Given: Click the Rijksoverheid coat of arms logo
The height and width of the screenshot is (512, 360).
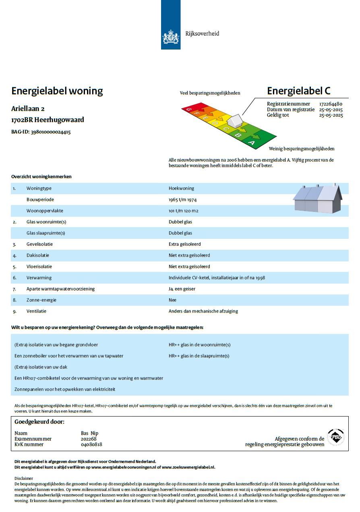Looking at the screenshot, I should click(170, 37).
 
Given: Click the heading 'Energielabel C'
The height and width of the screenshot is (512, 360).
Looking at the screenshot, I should click(298, 91).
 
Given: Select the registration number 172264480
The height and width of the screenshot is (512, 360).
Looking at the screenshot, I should click(331, 104).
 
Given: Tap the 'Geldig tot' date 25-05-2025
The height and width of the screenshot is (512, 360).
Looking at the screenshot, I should click(331, 115).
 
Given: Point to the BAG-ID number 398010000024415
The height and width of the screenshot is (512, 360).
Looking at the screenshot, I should click(51, 132).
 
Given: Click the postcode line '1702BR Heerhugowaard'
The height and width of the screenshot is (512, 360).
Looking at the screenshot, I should click(48, 120).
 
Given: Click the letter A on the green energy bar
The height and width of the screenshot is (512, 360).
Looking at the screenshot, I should click(252, 142).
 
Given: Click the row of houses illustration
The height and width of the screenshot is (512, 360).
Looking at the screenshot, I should click(317, 199).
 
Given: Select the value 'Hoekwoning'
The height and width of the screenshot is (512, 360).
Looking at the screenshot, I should click(181, 188).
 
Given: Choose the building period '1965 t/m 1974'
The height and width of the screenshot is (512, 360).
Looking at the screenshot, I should click(182, 199).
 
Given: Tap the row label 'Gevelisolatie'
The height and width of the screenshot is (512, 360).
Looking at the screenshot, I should click(39, 244).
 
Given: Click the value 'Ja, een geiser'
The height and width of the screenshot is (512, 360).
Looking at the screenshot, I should click(182, 289).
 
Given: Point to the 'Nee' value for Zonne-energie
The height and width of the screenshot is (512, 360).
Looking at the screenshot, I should click(172, 300).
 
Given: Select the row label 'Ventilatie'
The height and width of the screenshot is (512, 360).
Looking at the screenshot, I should click(36, 311).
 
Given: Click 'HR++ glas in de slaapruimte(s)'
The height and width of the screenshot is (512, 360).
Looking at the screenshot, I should click(199, 356).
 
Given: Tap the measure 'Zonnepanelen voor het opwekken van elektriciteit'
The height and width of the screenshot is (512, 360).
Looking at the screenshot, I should click(65, 389).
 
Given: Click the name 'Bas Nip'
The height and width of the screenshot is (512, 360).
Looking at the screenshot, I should click(89, 433).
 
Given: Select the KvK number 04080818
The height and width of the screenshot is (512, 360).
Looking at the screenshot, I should click(91, 444).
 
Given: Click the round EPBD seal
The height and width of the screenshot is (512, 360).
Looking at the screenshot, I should click(335, 437).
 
